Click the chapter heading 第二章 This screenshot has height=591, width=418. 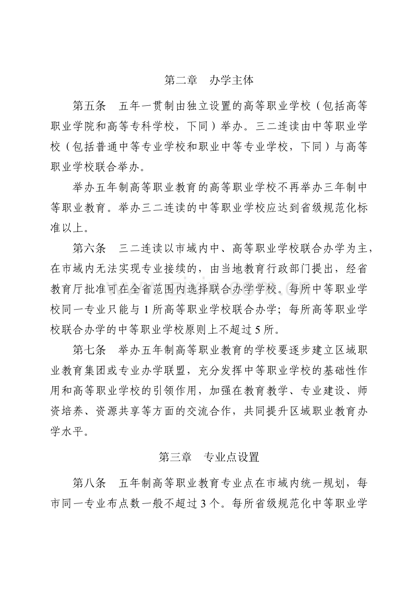click(180, 81)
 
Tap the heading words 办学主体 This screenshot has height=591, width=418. click(232, 81)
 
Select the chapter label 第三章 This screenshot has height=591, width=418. click(175, 457)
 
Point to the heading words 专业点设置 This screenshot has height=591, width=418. click(232, 457)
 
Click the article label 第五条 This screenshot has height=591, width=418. click(90, 106)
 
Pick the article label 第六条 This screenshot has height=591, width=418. click(90, 248)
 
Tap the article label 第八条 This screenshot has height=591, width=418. click(90, 483)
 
